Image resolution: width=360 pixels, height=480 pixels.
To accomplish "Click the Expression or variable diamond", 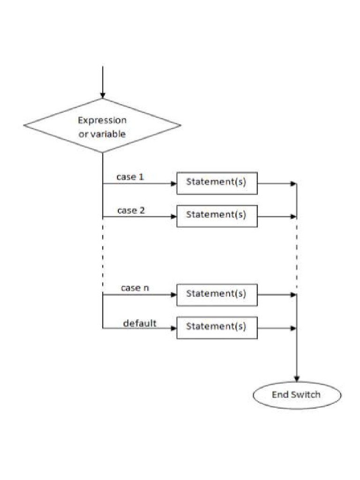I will point(102,126).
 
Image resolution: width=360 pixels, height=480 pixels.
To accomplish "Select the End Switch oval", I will point(297,395).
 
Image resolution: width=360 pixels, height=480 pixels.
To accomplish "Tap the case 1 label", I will point(130,177).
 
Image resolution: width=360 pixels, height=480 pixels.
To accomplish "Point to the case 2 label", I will point(131,210).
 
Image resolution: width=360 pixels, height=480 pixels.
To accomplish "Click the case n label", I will point(135,288).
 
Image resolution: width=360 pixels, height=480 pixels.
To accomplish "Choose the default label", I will point(140,322).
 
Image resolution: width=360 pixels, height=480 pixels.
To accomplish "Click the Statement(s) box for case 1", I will point(217,183).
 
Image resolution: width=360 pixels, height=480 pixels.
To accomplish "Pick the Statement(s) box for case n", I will point(217,294).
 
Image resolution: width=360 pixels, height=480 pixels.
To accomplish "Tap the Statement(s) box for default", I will point(217,327).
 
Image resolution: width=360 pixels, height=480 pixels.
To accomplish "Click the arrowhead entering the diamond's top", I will point(103,96).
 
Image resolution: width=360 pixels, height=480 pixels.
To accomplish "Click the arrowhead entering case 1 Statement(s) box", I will point(173,183).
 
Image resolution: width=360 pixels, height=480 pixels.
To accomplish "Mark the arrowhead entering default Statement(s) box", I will point(173,328).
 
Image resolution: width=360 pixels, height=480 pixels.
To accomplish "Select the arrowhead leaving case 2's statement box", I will point(293,217).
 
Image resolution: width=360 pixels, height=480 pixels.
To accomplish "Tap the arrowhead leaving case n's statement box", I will point(293,295).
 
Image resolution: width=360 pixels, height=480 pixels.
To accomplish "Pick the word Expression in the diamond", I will point(102,120).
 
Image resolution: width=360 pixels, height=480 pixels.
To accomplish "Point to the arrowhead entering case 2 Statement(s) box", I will point(173,217).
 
